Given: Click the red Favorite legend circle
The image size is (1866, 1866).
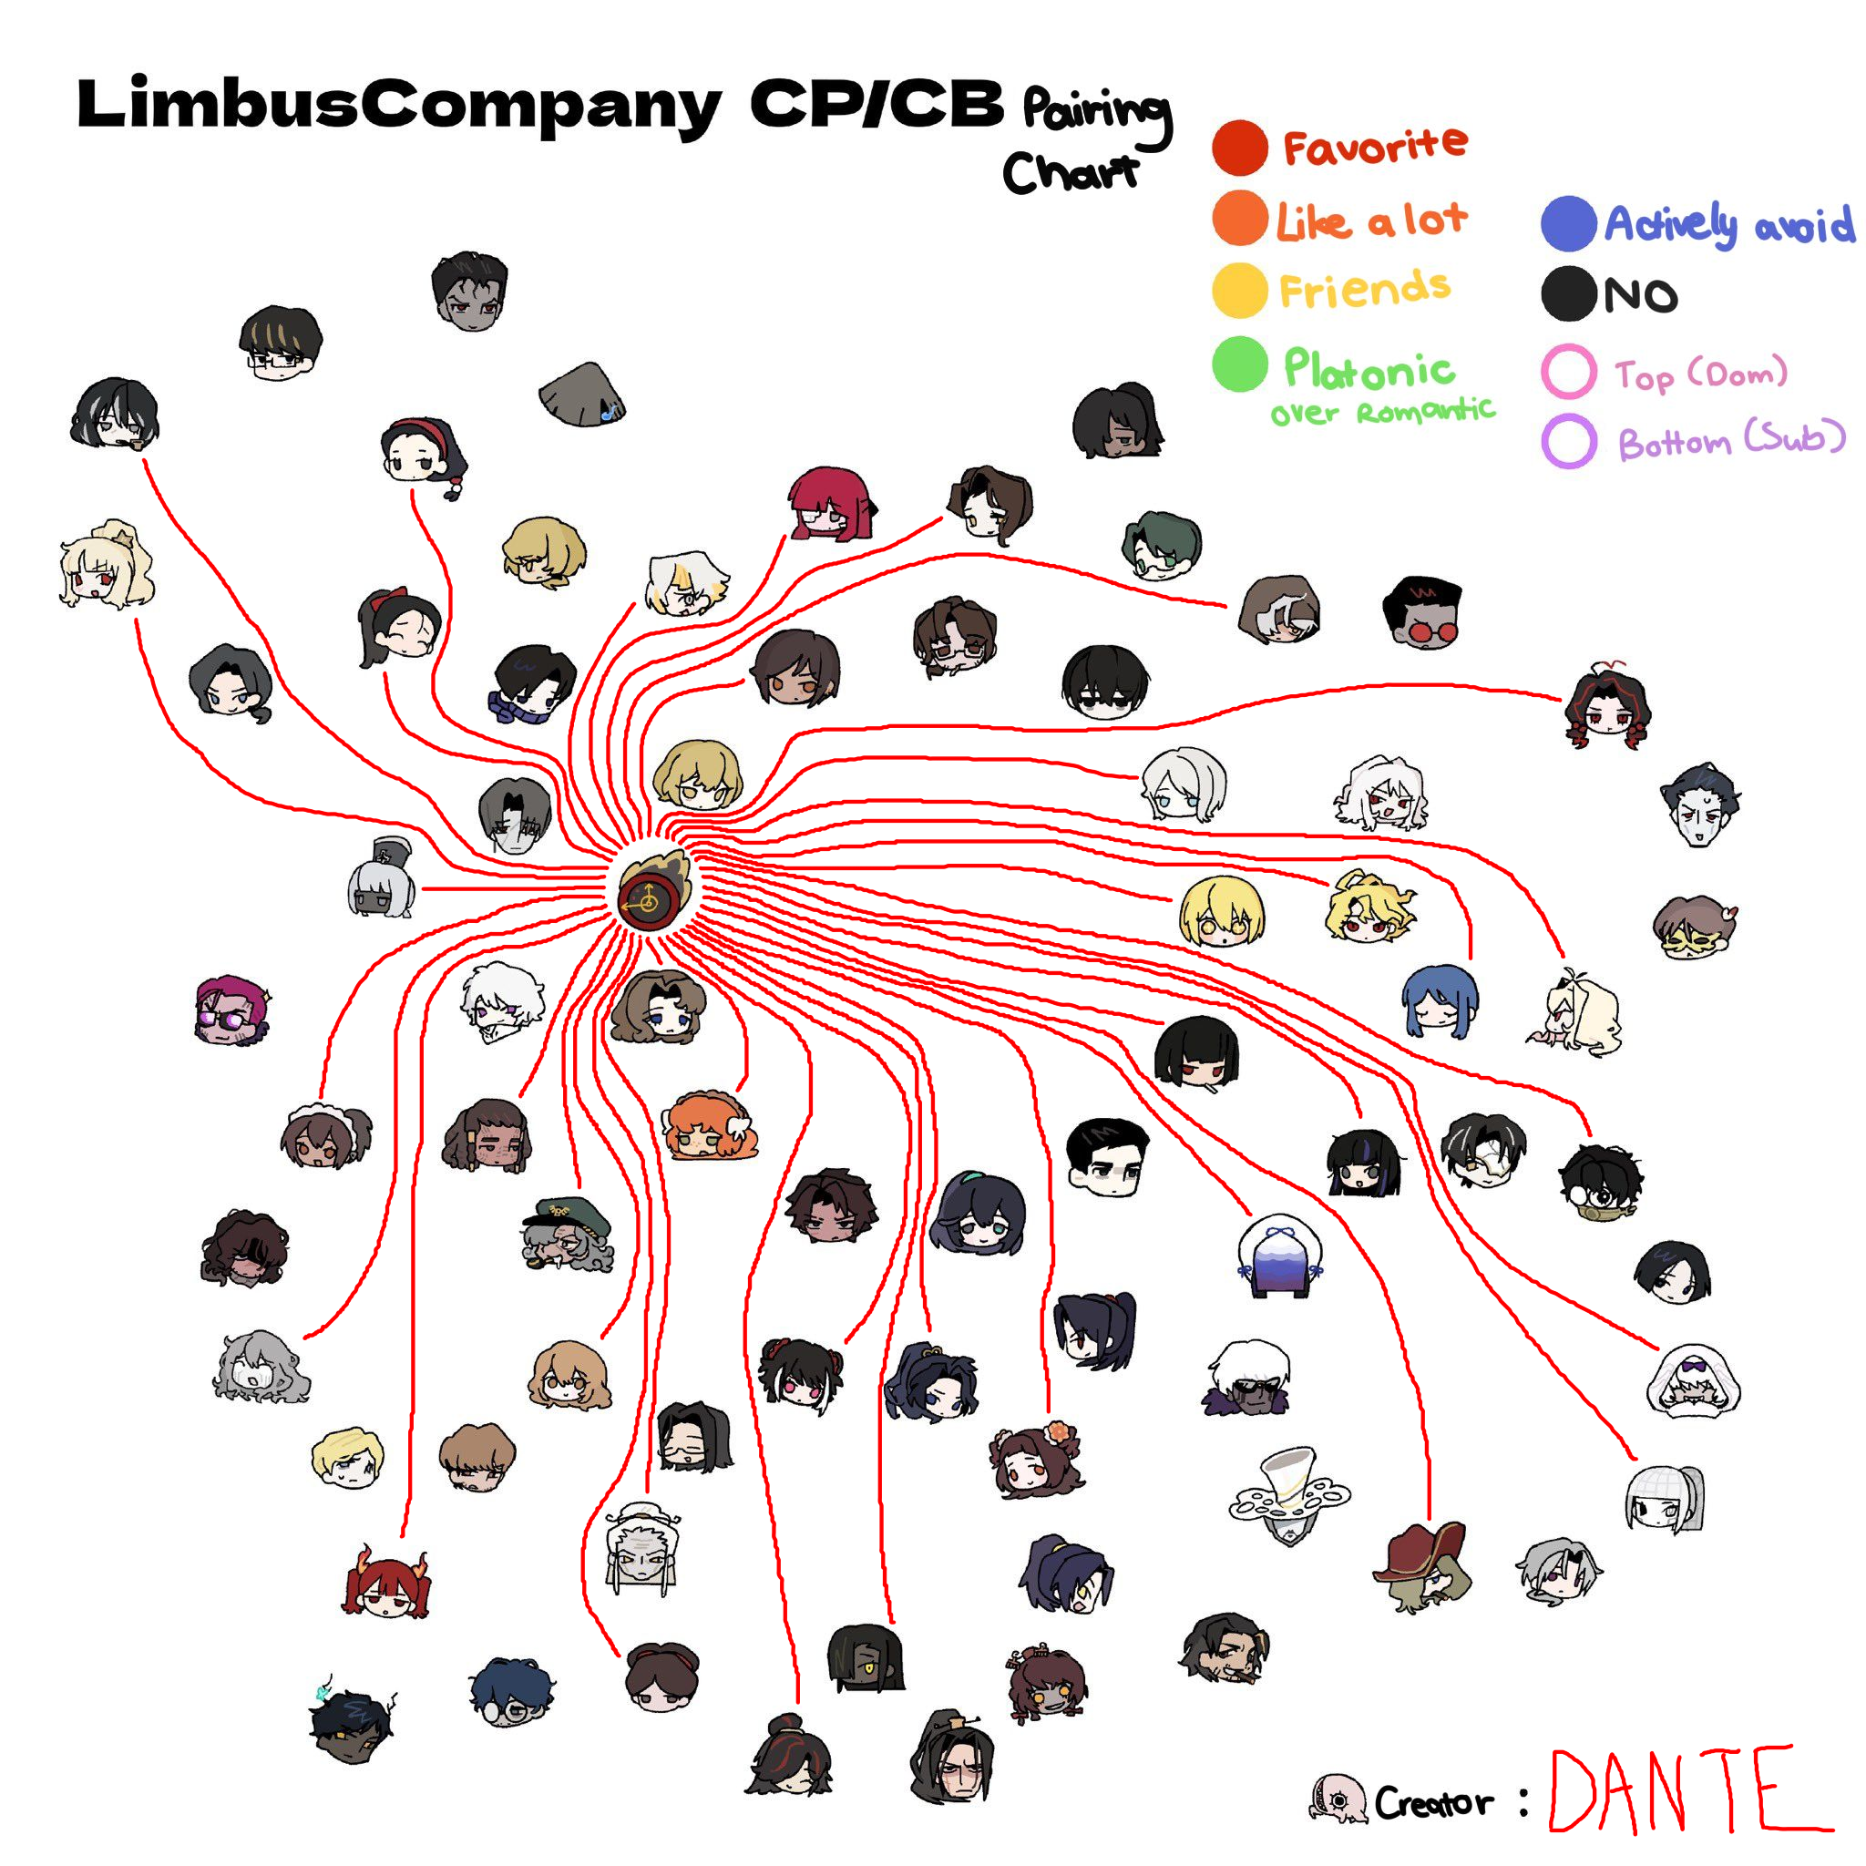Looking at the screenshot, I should point(1239,148).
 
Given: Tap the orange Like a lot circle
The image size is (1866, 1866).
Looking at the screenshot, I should point(1239,219).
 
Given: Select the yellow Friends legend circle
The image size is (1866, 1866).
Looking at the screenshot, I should point(1239,290).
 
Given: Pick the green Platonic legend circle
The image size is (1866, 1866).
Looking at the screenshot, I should point(1239,364).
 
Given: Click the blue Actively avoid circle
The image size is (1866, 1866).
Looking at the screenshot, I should point(1569,223).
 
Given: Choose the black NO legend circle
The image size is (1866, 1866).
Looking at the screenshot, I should point(1569,293).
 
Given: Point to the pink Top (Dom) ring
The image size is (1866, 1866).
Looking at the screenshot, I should point(1569,372).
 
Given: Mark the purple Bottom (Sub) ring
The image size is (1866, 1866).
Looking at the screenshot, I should point(1569,441).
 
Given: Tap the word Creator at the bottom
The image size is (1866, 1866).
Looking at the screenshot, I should point(1433,1802).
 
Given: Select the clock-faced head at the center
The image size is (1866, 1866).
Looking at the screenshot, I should point(653,894).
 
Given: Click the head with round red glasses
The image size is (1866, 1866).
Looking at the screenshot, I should point(1424,614).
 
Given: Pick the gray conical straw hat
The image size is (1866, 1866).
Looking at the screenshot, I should point(582,394).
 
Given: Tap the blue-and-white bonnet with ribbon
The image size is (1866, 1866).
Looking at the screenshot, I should point(1280,1256).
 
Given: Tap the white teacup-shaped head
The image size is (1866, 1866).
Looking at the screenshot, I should point(1288,1493).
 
